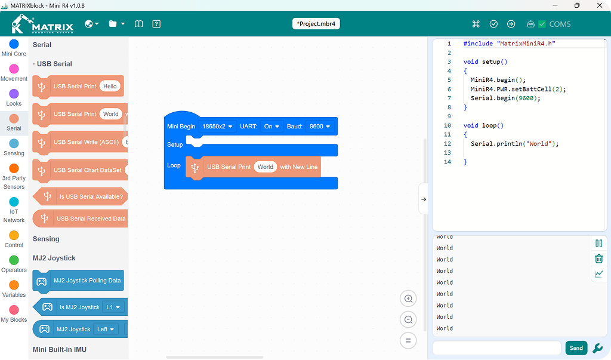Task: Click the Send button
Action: [576, 348]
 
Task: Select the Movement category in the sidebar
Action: [14, 73]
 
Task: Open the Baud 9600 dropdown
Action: [320, 127]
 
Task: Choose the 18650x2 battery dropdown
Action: [217, 127]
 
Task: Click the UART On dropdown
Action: [271, 127]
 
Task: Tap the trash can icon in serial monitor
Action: [599, 258]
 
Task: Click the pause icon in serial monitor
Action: [599, 244]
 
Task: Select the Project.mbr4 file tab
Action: [316, 24]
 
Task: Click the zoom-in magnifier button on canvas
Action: [408, 299]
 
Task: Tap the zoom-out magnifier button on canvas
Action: [408, 320]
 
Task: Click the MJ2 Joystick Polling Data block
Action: [78, 281]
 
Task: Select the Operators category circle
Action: [14, 260]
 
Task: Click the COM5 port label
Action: [560, 24]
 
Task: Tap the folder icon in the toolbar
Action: [113, 24]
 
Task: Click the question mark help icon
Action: [156, 24]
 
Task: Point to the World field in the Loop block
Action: [265, 167]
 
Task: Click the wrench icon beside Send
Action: [597, 348]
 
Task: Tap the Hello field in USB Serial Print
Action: [110, 86]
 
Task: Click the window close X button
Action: [600, 5]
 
